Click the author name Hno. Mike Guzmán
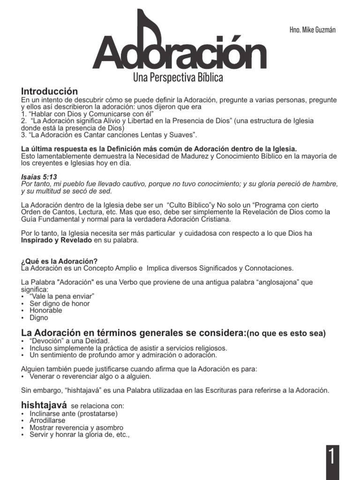click(x=313, y=30)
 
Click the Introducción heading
click(x=49, y=91)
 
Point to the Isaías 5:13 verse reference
click(x=39, y=177)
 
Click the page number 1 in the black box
click(x=332, y=457)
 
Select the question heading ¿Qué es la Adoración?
click(x=60, y=261)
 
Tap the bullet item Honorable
click(x=45, y=311)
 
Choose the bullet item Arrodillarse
click(x=47, y=421)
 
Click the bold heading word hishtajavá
click(x=44, y=405)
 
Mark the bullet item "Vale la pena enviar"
click(x=62, y=297)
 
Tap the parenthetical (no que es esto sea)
click(x=286, y=334)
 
